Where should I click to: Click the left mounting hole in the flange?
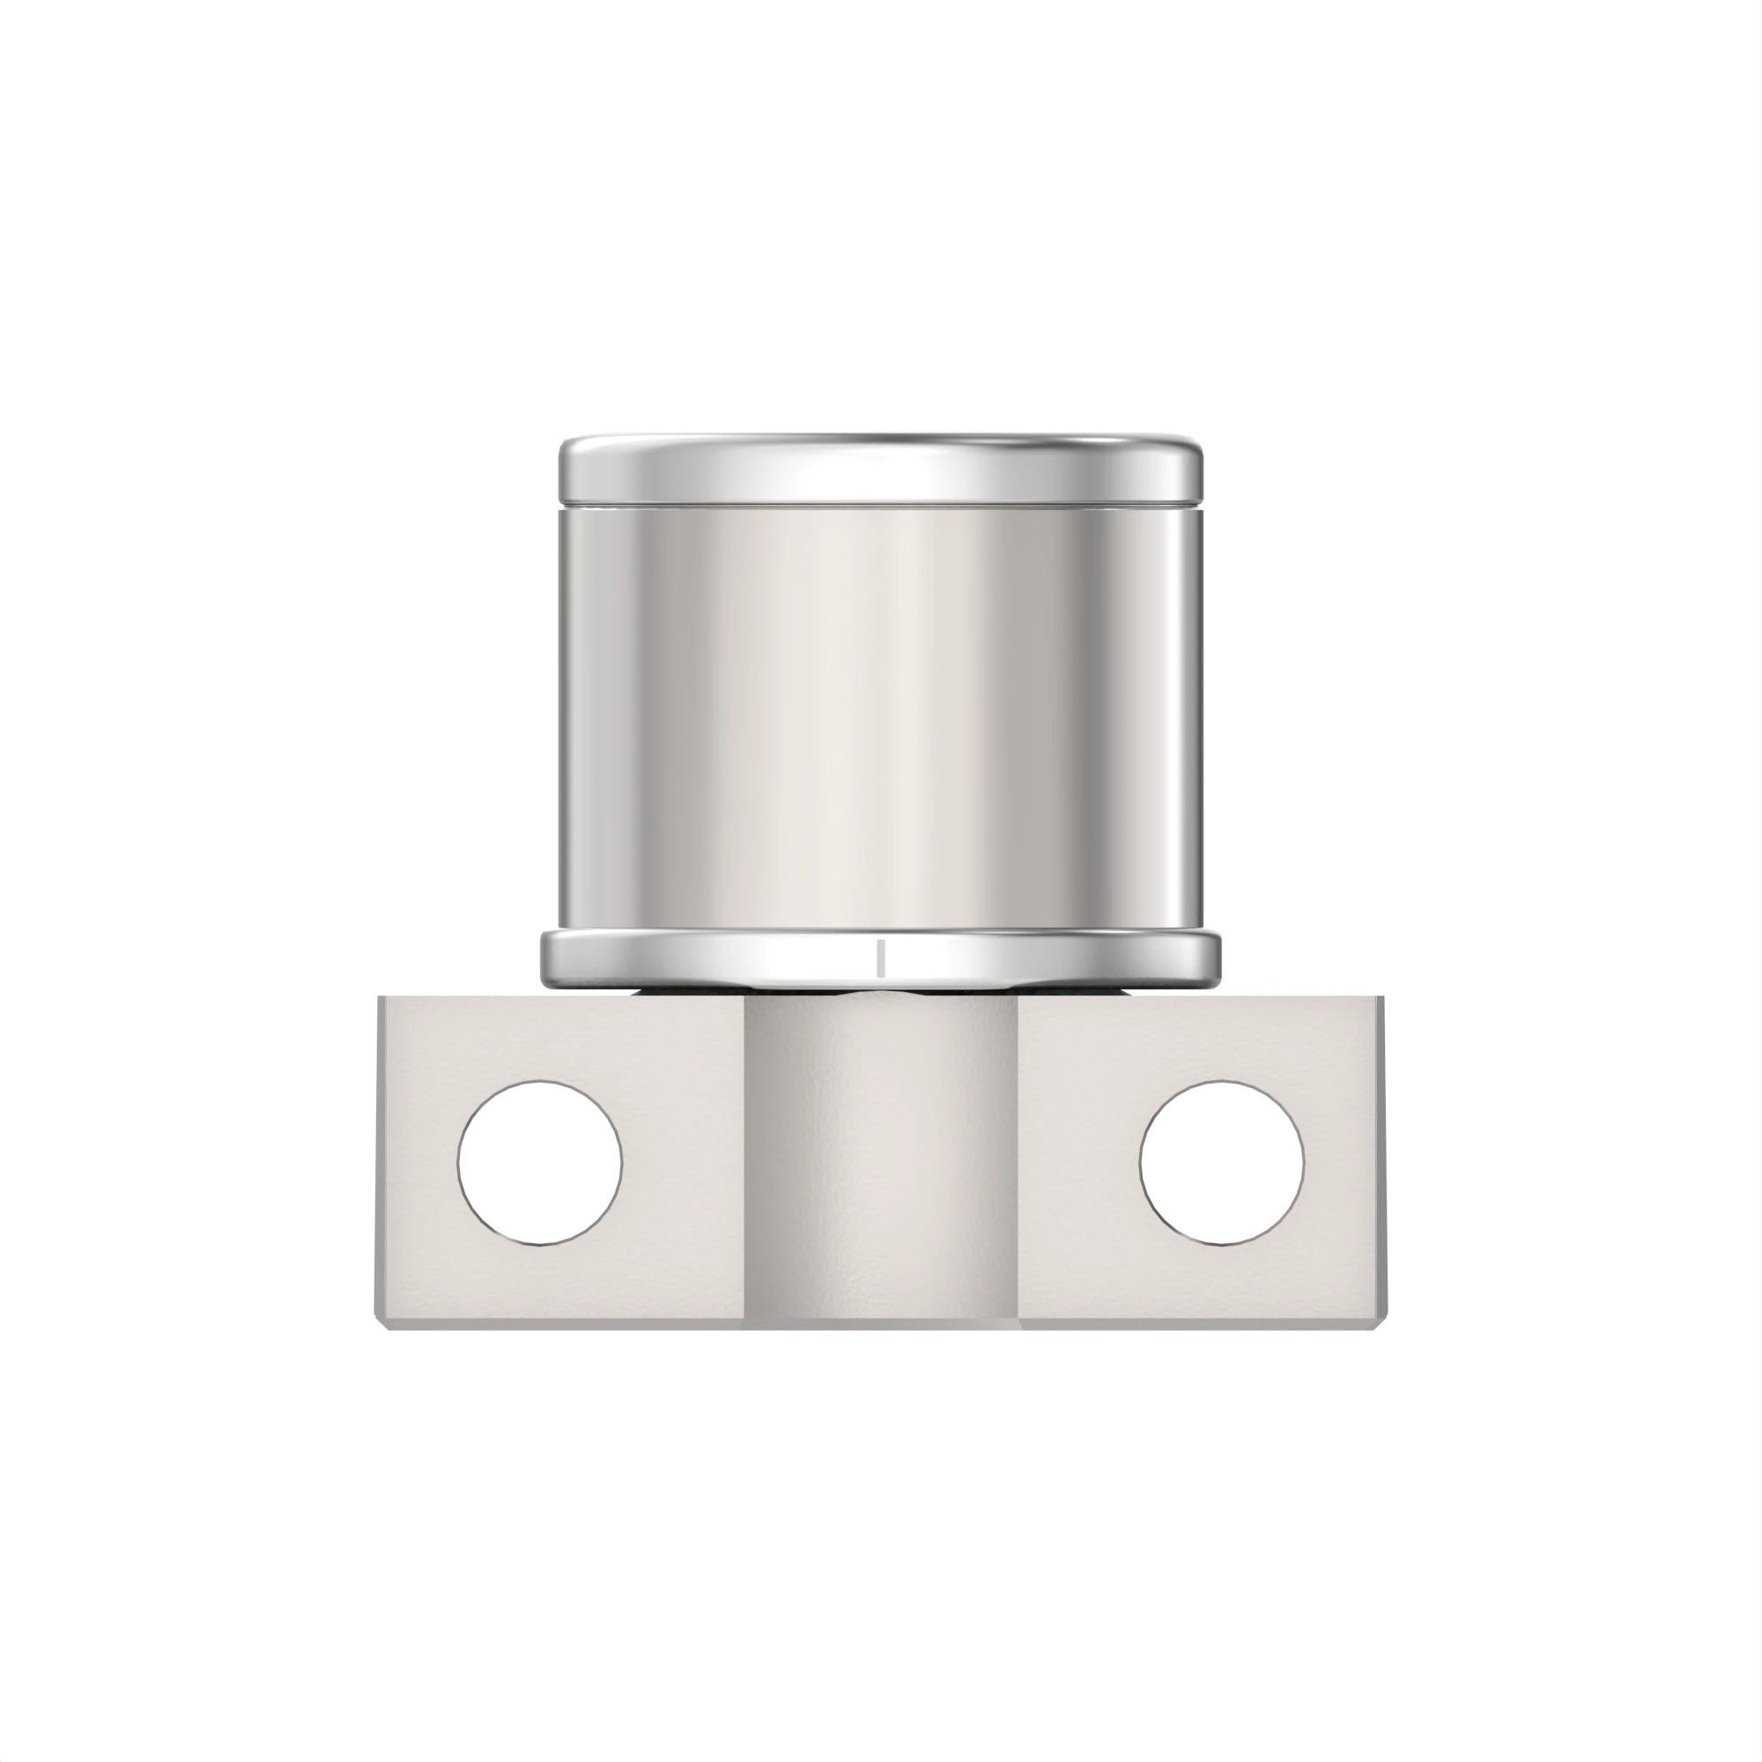click(540, 1163)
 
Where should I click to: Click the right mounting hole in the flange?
click(1222, 1163)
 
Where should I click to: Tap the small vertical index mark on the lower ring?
click(880, 956)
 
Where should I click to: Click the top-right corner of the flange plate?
click(1382, 1000)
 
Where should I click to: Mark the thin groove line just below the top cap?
click(880, 503)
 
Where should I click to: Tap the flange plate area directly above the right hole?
click(1222, 1040)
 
